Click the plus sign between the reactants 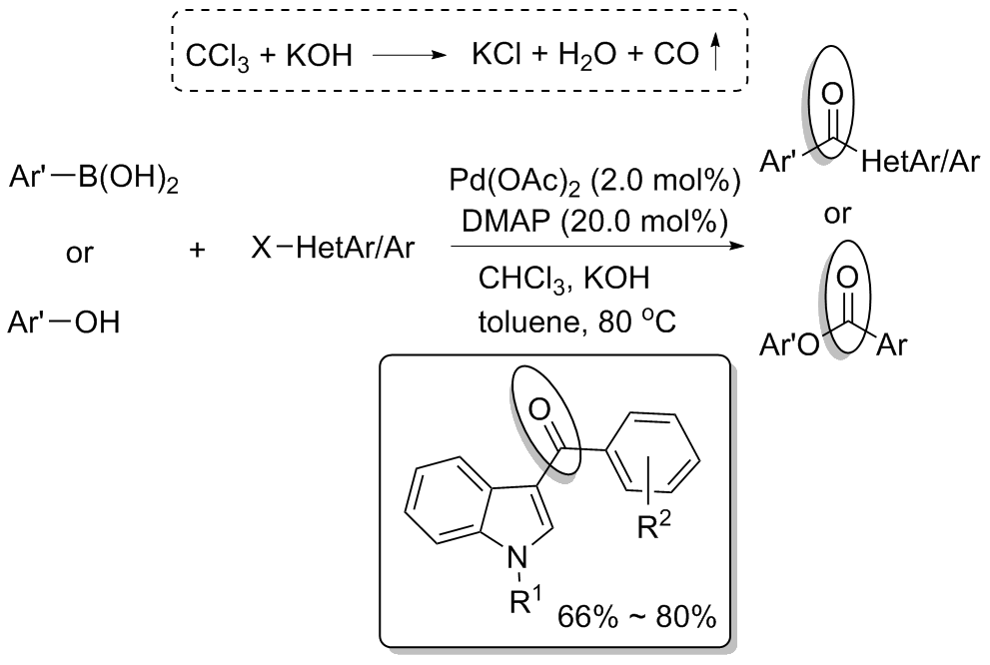click(x=198, y=250)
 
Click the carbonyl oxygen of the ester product click(x=847, y=272)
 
